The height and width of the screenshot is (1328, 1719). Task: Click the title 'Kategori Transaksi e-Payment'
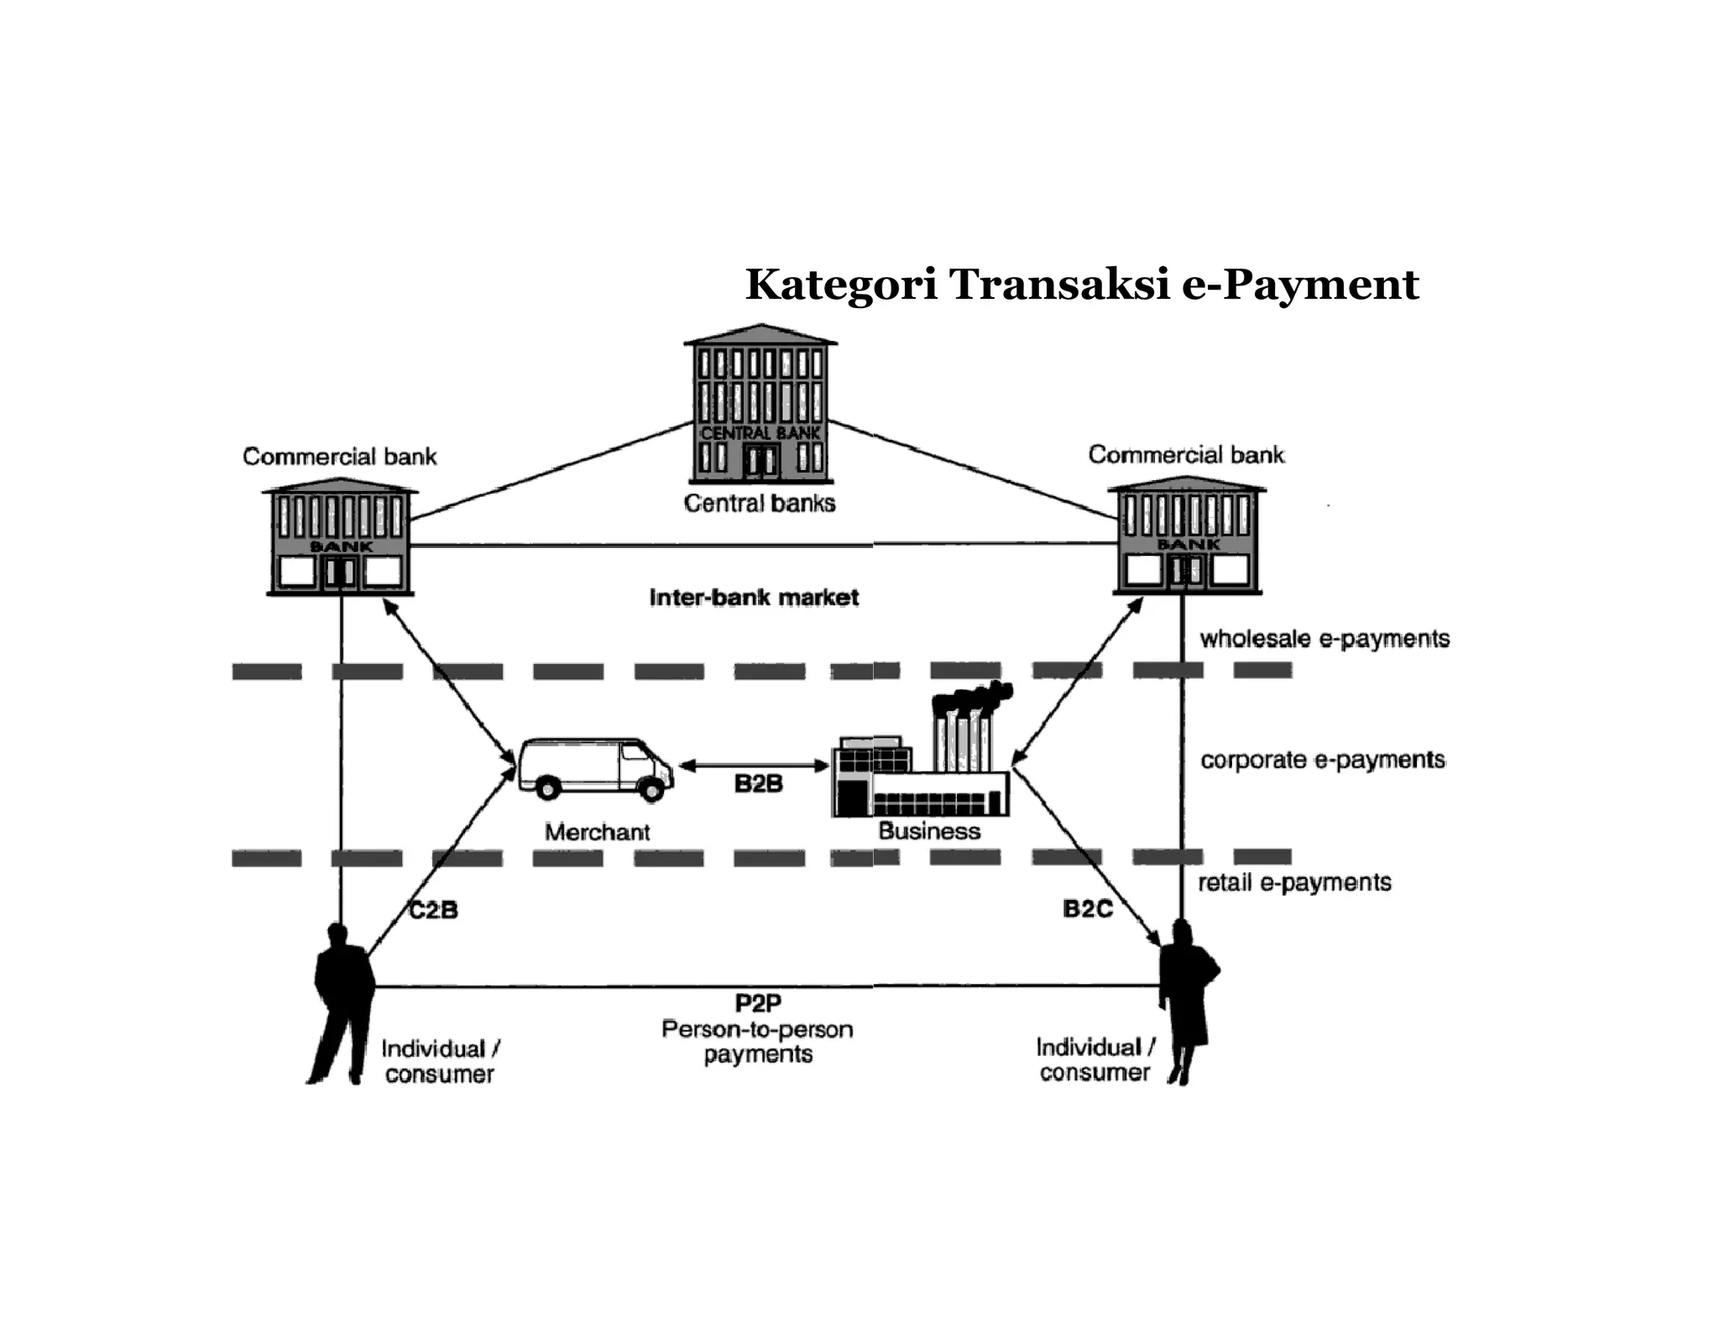(1081, 284)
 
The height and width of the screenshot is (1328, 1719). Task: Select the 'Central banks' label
(760, 503)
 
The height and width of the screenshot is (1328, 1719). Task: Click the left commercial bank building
(340, 537)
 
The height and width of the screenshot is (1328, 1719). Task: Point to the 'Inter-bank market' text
(754, 598)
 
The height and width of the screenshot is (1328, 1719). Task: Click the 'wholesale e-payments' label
(1325, 639)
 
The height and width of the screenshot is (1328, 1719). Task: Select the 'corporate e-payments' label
(1323, 760)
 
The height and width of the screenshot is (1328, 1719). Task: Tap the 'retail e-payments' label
(1294, 882)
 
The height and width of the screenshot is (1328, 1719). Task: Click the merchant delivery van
(594, 768)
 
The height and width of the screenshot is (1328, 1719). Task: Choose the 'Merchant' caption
(597, 832)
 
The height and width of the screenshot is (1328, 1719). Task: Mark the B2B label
(758, 784)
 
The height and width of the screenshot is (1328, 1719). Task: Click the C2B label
(433, 910)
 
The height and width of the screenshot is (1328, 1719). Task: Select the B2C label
(1087, 908)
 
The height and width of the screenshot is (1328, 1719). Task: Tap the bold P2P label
(758, 1003)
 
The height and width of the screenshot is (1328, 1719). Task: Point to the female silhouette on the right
(1187, 999)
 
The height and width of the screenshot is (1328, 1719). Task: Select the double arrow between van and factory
(754, 766)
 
